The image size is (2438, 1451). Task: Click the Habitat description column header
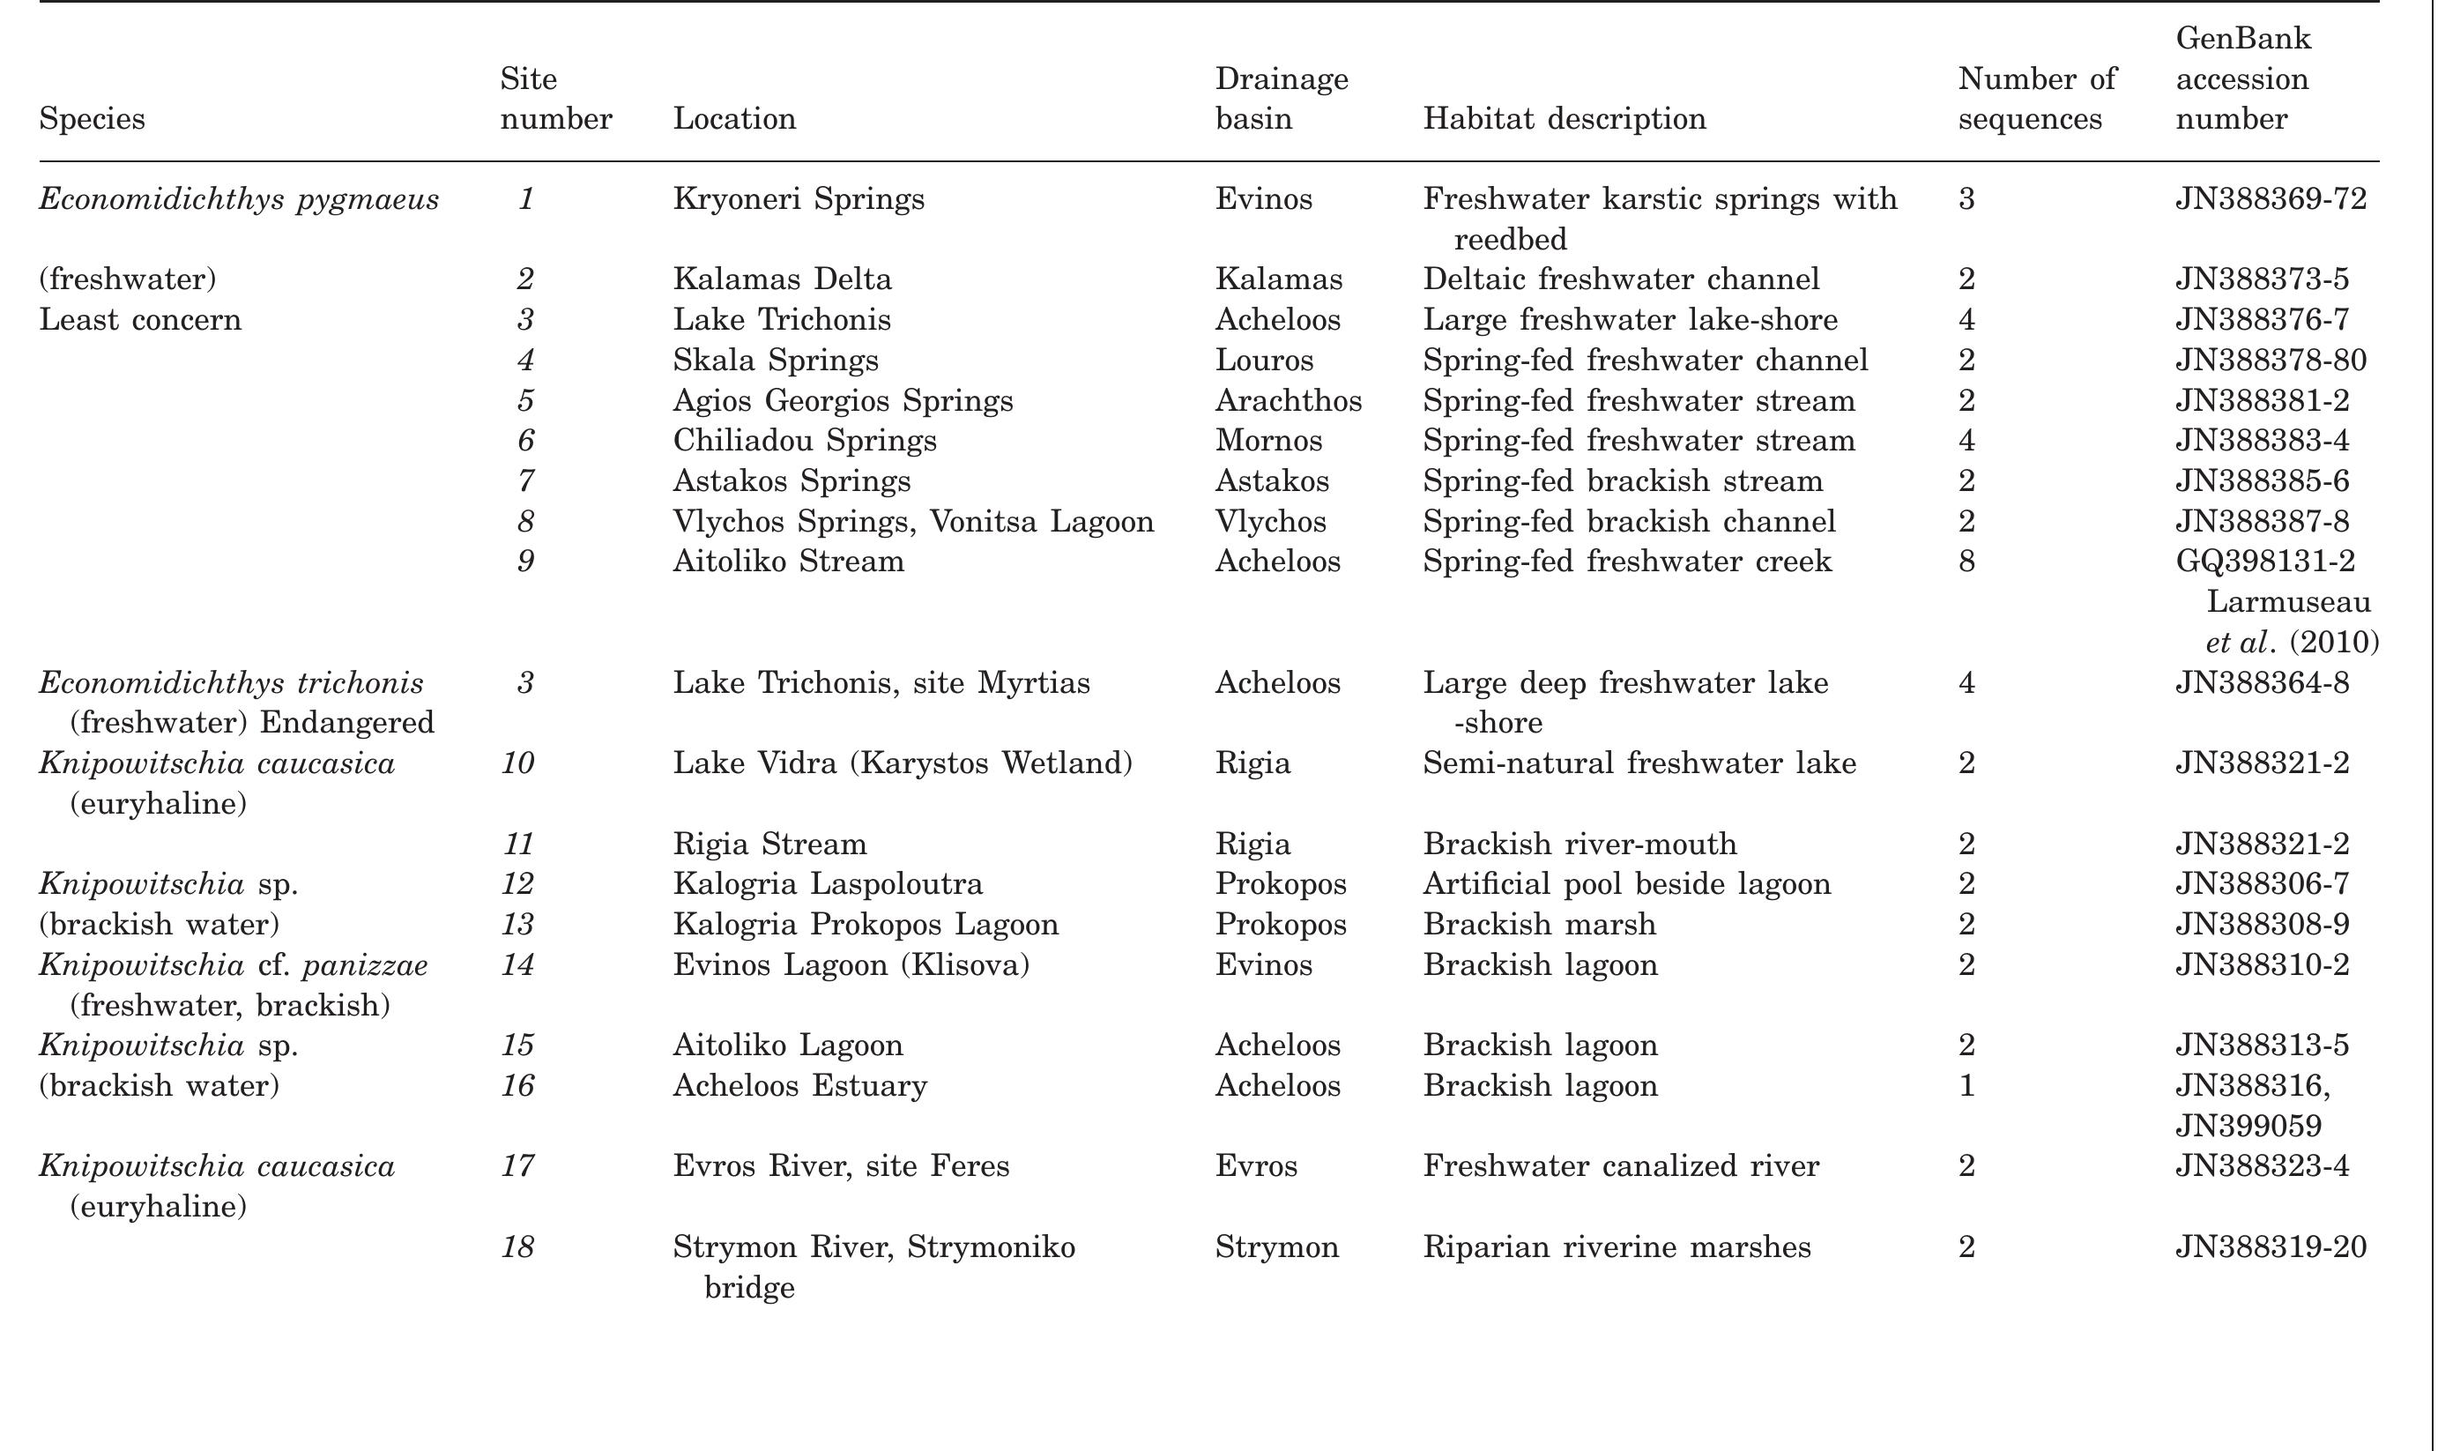tap(1563, 118)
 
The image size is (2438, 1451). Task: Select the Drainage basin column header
tap(1281, 98)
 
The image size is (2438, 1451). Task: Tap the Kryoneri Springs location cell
tap(798, 198)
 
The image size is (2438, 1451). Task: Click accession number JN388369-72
tap(2270, 198)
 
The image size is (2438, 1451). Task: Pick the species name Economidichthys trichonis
tap(231, 681)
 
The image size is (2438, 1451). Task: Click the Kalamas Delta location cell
tap(781, 279)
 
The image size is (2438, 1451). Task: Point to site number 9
tap(525, 561)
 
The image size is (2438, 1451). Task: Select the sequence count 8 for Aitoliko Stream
tap(1966, 561)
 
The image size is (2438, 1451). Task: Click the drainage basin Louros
tap(1263, 360)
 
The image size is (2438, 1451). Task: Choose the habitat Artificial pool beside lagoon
tap(1625, 883)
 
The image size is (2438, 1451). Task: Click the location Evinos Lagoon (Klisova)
tap(851, 964)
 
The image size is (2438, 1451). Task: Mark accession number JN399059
tap(2248, 1126)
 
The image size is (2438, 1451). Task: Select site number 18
tap(517, 1246)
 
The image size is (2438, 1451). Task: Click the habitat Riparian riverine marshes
tap(1616, 1246)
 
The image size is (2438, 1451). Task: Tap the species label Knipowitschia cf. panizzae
tap(233, 964)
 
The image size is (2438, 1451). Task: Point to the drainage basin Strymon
tap(1275, 1246)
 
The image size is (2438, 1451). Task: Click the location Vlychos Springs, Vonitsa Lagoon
tap(912, 520)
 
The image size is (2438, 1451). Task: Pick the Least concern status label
tap(140, 320)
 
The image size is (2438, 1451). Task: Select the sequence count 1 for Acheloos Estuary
tap(1966, 1085)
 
